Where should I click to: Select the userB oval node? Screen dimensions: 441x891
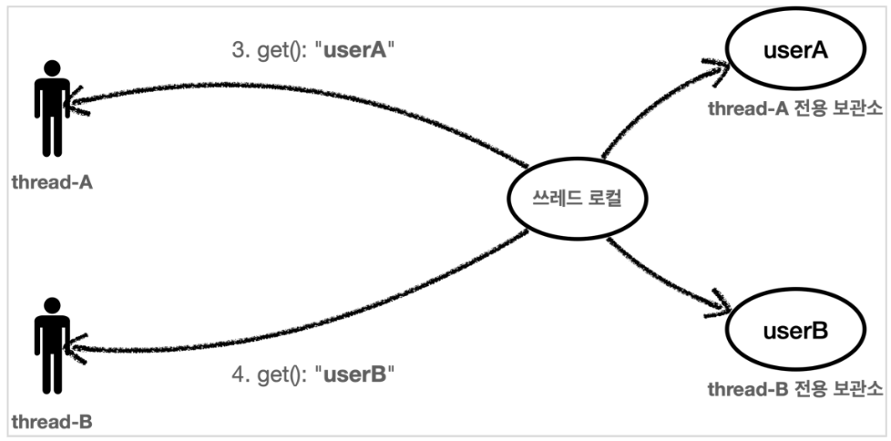(x=794, y=330)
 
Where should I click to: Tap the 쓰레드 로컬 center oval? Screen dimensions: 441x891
(x=565, y=196)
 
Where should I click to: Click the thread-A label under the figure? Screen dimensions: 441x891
(x=52, y=181)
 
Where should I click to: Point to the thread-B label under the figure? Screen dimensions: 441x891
(x=52, y=422)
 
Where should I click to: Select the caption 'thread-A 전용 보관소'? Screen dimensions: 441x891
(x=795, y=110)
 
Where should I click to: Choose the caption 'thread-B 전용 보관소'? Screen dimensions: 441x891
(x=795, y=389)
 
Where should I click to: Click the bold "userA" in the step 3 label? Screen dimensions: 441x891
(x=352, y=52)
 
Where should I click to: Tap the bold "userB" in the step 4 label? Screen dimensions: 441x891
(x=353, y=374)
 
